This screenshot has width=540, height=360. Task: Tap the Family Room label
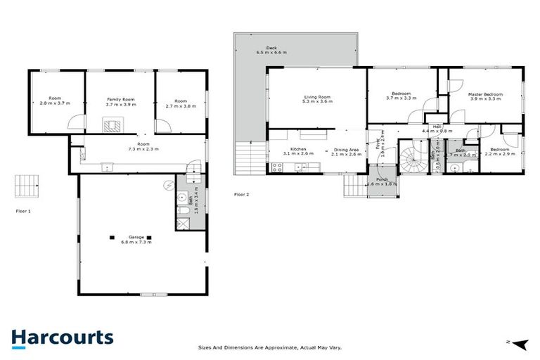tap(121, 99)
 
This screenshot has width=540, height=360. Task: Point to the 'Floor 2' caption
tap(241, 194)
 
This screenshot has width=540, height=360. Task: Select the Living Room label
tap(316, 97)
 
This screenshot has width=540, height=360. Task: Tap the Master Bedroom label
tap(485, 94)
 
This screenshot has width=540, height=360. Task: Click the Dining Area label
tap(347, 150)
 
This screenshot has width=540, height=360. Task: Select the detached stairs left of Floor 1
tap(27, 186)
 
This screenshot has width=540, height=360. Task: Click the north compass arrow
tap(520, 343)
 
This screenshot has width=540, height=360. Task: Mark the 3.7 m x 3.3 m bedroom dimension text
tap(401, 98)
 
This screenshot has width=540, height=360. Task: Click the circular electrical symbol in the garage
tap(168, 186)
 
